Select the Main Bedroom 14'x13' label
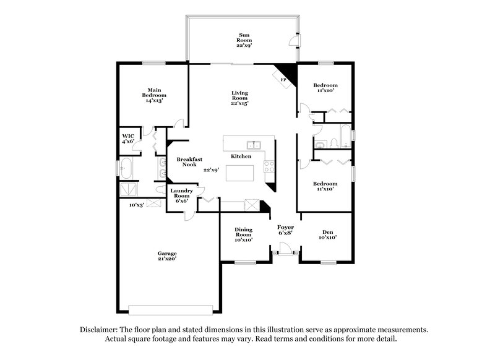click(153, 95)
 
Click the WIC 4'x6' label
click(128, 139)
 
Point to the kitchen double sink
click(253, 146)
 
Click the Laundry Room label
click(183, 194)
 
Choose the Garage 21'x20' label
click(167, 256)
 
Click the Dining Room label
click(243, 234)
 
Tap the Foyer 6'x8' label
click(285, 229)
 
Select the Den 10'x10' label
click(327, 234)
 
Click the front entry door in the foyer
click(285, 249)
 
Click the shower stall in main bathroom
click(129, 188)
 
